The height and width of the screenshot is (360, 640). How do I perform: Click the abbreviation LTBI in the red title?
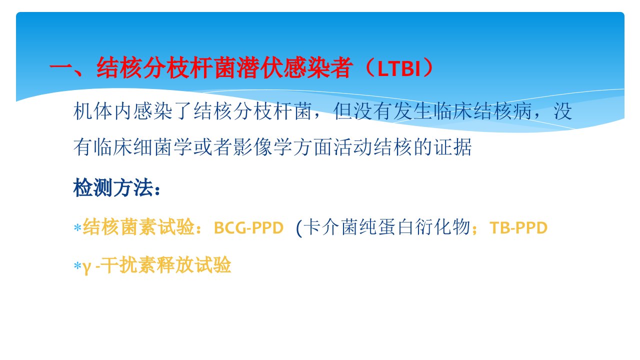(x=399, y=69)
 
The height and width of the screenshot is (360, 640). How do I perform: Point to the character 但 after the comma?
(x=343, y=111)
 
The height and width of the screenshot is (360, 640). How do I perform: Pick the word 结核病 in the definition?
(x=503, y=111)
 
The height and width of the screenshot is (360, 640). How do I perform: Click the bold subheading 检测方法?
(x=113, y=187)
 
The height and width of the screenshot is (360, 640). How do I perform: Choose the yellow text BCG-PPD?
(x=248, y=228)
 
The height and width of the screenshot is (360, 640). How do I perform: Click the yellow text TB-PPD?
(x=518, y=228)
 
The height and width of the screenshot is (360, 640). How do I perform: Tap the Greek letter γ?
(x=87, y=267)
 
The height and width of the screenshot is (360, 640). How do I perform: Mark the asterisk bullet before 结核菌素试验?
(x=77, y=228)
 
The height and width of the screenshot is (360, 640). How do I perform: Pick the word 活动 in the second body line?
(x=353, y=147)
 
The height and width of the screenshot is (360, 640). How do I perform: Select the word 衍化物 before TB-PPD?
(x=443, y=227)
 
